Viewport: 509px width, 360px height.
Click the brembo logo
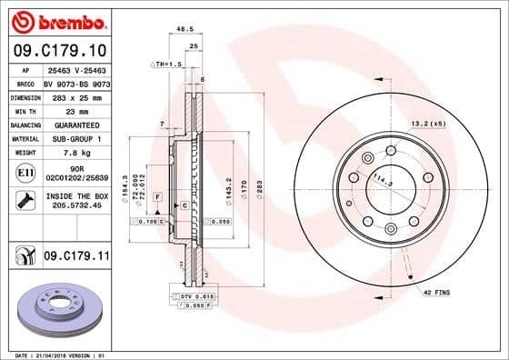[57, 21]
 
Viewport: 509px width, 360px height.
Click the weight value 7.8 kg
[74, 153]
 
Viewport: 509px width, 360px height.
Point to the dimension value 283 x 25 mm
[74, 95]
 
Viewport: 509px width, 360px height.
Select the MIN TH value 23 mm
[74, 110]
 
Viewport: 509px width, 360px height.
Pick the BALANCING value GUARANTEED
[74, 125]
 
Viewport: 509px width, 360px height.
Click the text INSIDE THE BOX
[74, 196]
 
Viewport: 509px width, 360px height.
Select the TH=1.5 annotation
[166, 65]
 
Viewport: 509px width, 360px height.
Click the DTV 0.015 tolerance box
[192, 296]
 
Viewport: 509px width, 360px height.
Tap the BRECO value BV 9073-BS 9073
[74, 82]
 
